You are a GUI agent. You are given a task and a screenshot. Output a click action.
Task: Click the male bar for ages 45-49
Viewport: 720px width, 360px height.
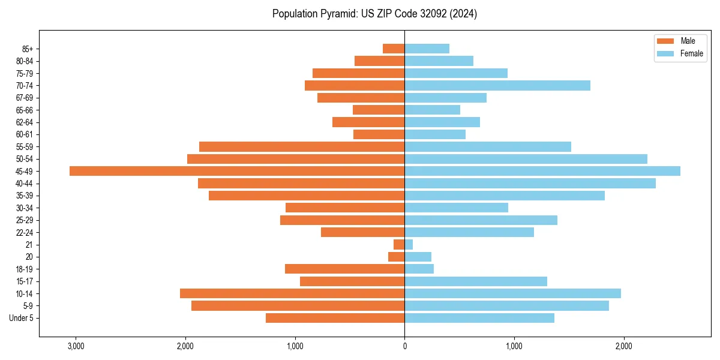[237, 171]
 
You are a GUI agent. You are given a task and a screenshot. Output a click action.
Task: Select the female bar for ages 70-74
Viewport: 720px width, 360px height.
[497, 85]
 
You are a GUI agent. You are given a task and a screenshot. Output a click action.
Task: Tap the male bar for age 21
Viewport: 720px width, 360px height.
[399, 244]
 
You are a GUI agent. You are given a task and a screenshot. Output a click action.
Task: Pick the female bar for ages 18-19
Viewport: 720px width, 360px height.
[419, 269]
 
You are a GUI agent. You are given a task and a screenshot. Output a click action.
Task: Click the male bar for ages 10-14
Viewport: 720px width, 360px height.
[292, 293]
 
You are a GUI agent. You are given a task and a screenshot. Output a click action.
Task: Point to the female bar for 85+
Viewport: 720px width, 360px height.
[427, 49]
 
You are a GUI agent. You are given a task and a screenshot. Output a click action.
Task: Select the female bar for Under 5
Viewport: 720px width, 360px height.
[479, 318]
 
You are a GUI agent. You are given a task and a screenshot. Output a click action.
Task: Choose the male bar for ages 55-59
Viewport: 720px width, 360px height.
[302, 146]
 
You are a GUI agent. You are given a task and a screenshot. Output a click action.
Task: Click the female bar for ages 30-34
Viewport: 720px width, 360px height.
[456, 208]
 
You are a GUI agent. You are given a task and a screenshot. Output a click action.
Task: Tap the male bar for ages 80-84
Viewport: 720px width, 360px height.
[379, 61]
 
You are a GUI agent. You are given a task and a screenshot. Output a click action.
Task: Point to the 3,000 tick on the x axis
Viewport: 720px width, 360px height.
[76, 346]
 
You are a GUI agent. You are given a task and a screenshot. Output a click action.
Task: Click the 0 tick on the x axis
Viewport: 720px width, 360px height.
[404, 346]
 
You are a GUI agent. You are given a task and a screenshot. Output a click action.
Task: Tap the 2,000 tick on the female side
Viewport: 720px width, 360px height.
[623, 346]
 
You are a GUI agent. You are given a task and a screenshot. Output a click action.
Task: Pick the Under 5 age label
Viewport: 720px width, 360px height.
[22, 318]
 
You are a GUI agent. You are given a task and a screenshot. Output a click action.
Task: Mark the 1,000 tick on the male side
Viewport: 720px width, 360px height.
[295, 346]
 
